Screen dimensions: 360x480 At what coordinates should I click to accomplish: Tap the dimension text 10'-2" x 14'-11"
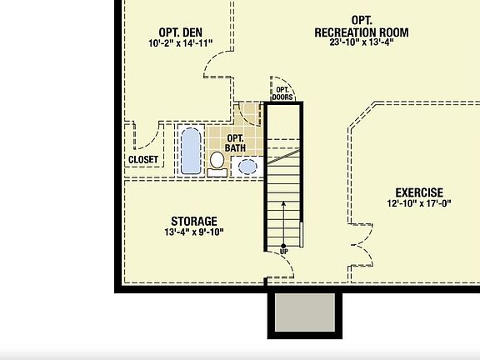[181, 43]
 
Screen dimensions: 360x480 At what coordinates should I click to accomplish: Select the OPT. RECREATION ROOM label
[361, 26]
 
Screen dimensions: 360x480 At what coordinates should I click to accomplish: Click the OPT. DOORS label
[282, 93]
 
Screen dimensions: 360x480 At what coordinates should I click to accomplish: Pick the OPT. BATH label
[235, 142]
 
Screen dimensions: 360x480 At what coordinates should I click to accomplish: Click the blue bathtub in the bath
[191, 148]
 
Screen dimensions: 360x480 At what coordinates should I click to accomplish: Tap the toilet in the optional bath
[217, 162]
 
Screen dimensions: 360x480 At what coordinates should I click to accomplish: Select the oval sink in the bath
[247, 166]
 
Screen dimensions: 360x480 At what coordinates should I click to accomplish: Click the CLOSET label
[143, 160]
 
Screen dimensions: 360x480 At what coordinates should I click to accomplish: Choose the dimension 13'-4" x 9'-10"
[194, 232]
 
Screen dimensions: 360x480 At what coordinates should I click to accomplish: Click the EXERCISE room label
[419, 192]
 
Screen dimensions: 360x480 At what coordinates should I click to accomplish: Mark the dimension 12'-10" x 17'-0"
[419, 203]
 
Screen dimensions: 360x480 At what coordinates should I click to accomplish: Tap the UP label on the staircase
[283, 250]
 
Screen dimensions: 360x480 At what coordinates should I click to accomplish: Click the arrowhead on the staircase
[283, 203]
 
